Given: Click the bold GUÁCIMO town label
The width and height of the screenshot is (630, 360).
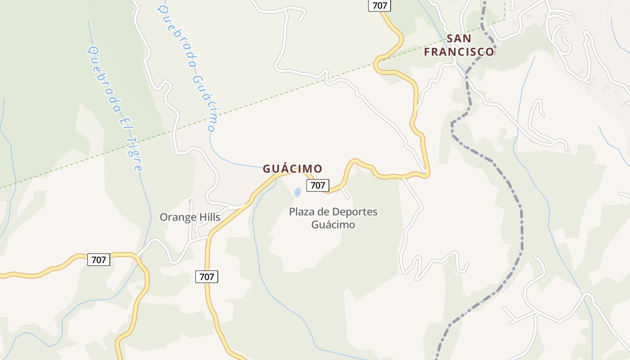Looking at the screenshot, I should [x=292, y=169].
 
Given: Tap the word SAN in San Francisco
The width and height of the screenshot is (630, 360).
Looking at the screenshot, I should [x=459, y=38].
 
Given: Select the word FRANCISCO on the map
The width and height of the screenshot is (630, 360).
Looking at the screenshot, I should [x=459, y=52].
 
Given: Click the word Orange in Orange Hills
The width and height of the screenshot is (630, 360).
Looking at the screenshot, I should [x=179, y=217].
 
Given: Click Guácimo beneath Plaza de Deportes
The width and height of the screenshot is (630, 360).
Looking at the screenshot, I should [x=333, y=224].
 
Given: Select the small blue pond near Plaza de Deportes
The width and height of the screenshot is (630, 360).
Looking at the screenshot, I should [x=297, y=193].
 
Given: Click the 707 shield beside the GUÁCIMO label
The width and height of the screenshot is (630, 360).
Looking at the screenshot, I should [x=318, y=185].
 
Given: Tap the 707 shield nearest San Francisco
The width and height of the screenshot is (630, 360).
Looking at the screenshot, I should [x=380, y=5].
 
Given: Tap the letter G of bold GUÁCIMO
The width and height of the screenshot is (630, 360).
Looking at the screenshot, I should [x=266, y=169].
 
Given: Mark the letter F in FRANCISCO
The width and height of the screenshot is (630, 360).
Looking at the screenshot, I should [x=427, y=52].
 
